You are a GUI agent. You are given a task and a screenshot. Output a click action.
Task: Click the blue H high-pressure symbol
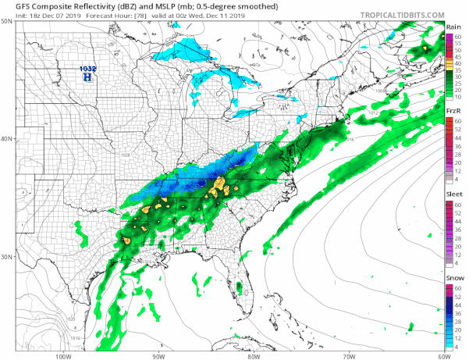[x=87, y=78]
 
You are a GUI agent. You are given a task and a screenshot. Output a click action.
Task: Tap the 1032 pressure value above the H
[x=87, y=70]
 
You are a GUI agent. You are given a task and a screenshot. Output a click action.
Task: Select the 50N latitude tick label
[x=6, y=21]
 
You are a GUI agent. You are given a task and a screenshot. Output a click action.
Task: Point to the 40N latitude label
[x=6, y=139]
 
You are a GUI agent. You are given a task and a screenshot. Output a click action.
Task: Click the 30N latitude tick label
[x=6, y=257]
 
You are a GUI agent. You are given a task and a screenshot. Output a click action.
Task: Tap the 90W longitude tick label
[x=158, y=356]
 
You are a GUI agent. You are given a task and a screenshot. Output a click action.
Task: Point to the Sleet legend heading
[x=453, y=194]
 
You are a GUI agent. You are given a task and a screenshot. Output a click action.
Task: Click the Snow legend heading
[x=453, y=277]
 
